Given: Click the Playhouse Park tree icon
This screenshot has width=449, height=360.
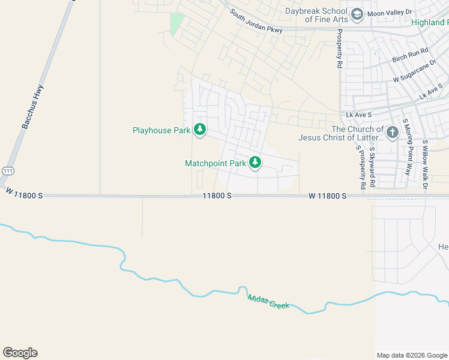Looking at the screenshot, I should (200, 130).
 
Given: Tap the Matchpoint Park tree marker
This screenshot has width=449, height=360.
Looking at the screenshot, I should (255, 162).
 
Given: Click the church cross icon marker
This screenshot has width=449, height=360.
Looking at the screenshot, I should (393, 133).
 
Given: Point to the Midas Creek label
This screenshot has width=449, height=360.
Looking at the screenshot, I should (268, 300).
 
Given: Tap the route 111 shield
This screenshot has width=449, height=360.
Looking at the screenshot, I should (8, 170).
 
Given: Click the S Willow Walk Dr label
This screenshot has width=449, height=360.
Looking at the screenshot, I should (424, 166).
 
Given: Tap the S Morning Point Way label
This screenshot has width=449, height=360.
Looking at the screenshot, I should (407, 147).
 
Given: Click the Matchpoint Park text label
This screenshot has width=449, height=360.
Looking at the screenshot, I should (215, 163).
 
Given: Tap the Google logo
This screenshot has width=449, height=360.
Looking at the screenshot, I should (20, 353).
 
